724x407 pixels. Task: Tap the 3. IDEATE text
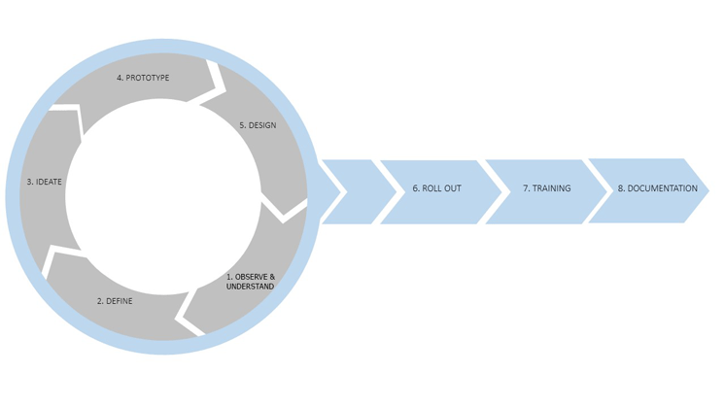tap(45, 182)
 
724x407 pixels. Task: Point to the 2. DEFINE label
tap(115, 301)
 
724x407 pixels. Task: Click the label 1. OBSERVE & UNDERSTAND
tap(250, 282)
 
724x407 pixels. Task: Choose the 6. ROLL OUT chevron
tap(436, 188)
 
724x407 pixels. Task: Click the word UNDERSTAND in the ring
tap(250, 287)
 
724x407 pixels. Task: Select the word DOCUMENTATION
tap(662, 188)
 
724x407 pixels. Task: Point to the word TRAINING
tap(551, 188)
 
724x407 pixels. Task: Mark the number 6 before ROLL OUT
tap(415, 188)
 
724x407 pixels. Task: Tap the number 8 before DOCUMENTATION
tap(620, 188)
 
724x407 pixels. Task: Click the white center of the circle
tap(163, 194)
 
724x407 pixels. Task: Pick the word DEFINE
tap(120, 301)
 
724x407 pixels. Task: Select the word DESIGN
tap(261, 125)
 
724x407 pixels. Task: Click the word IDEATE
tap(50, 182)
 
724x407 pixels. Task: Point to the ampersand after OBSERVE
tap(273, 277)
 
